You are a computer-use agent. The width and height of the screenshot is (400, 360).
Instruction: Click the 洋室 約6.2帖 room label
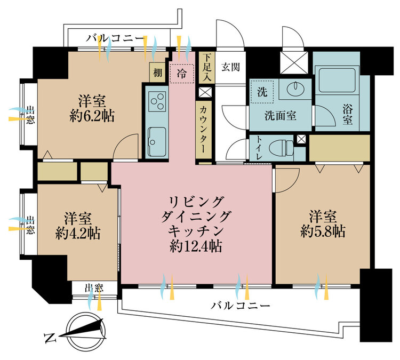click(92, 108)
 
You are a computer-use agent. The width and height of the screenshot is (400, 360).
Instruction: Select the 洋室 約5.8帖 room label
click(323, 224)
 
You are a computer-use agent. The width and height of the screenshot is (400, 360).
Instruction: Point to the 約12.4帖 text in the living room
click(196, 246)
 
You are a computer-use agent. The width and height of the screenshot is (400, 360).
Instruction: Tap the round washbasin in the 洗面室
click(295, 89)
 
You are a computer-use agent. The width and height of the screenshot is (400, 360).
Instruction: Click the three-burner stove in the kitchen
click(157, 101)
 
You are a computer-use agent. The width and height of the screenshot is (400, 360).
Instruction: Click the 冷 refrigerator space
click(182, 74)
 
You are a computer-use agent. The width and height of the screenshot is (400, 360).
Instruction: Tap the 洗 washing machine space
click(262, 92)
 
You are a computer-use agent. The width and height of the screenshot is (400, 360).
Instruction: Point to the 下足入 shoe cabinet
click(207, 67)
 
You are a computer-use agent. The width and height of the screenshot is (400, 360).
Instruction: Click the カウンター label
click(204, 129)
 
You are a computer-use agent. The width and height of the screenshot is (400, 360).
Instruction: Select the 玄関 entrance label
click(230, 67)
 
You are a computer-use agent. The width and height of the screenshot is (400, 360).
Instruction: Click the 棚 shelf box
click(158, 73)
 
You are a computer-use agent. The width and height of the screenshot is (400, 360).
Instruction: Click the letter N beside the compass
click(50, 338)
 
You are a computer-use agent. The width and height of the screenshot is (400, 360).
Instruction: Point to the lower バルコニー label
click(240, 306)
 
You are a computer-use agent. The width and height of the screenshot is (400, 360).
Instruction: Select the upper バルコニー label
click(115, 39)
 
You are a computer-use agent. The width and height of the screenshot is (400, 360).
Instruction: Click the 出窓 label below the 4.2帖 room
click(94, 289)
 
